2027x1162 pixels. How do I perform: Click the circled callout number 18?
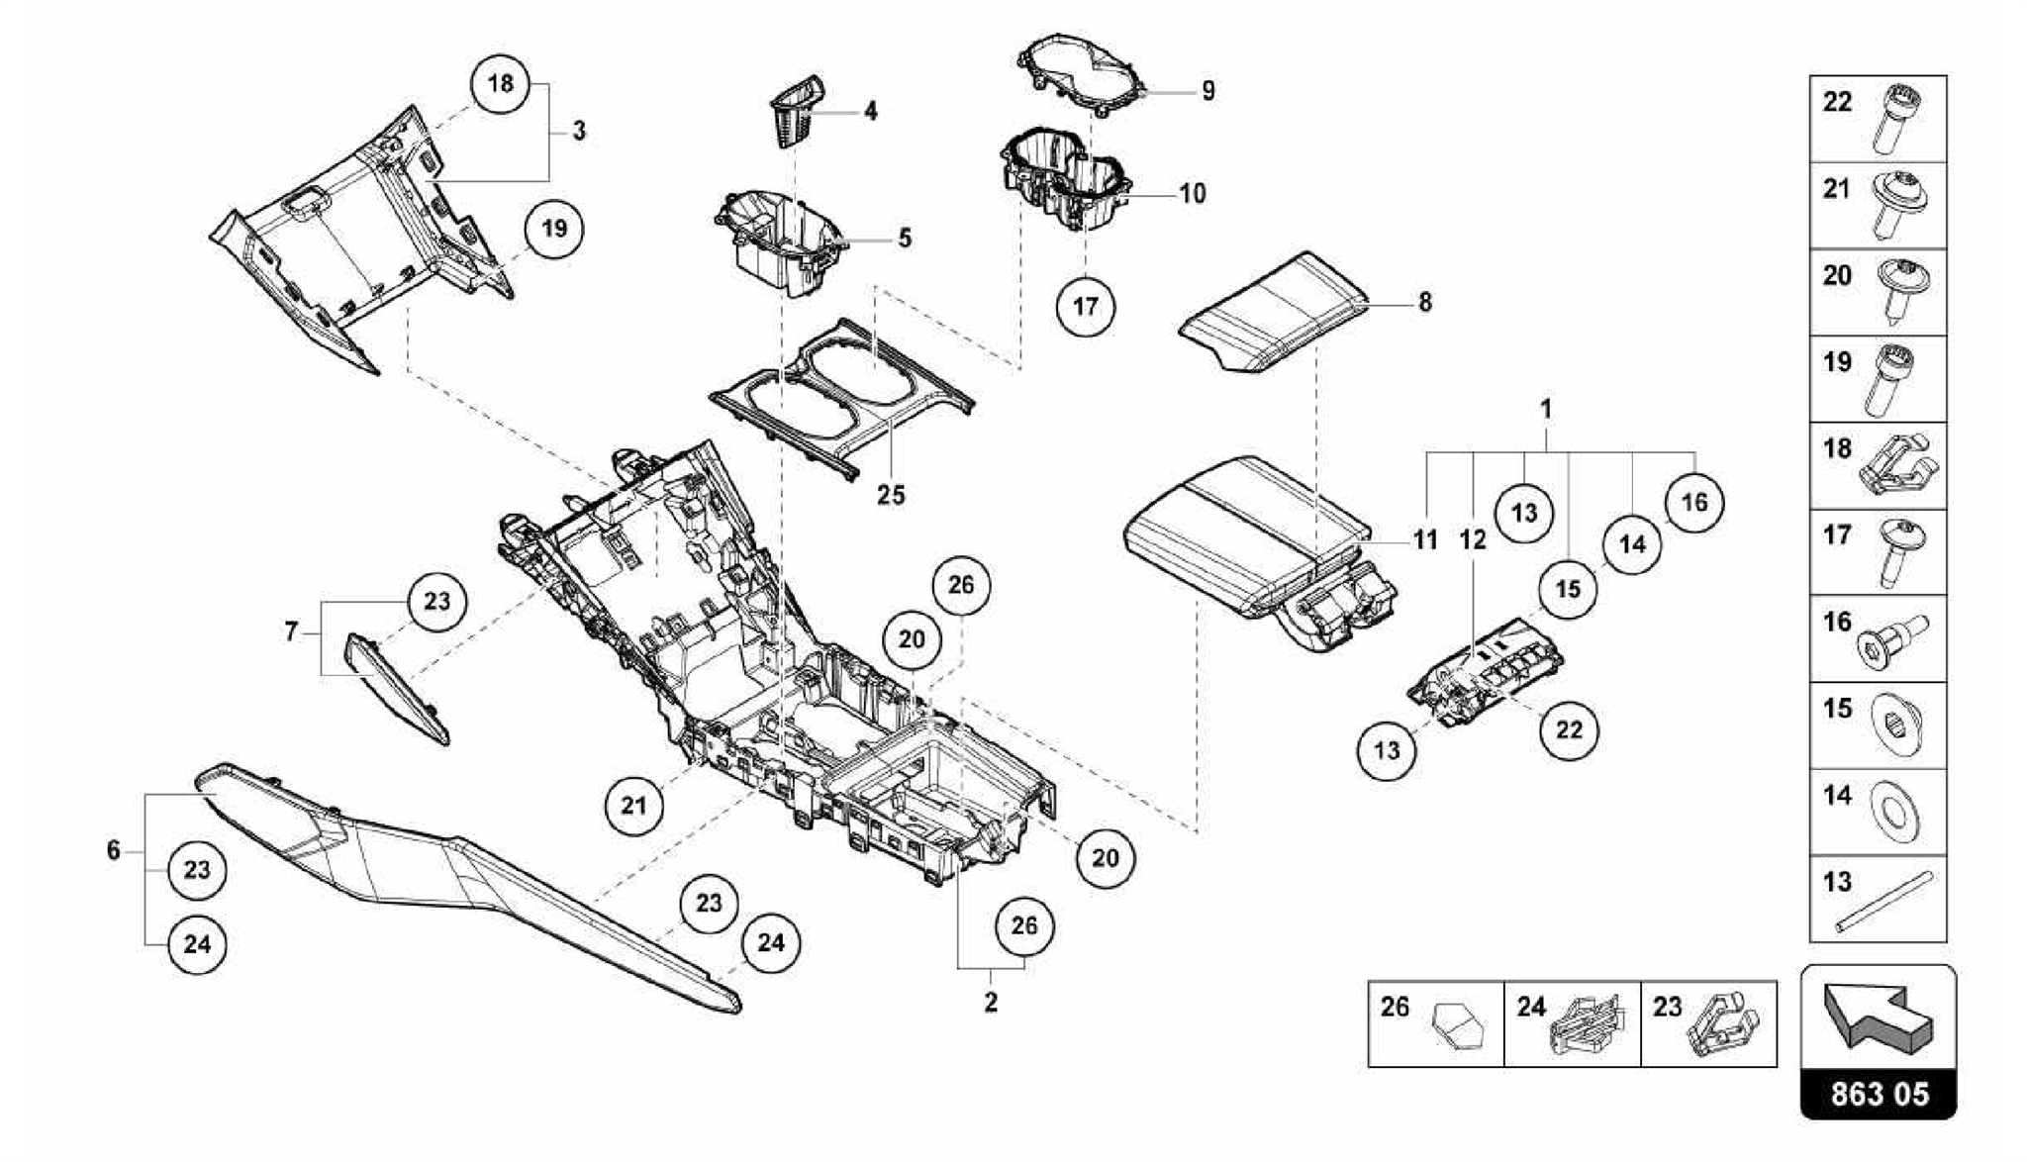[x=501, y=83]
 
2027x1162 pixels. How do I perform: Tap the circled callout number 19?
[x=554, y=229]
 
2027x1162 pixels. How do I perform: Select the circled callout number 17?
[x=1086, y=306]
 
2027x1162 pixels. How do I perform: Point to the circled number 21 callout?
[x=633, y=806]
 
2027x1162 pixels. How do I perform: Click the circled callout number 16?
[x=1693, y=503]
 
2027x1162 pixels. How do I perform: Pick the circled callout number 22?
[x=1569, y=730]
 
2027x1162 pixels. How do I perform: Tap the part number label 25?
[x=891, y=494]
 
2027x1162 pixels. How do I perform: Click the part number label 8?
[x=1424, y=302]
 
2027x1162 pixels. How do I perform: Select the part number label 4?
[x=870, y=111]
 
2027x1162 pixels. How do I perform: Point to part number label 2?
[x=991, y=1002]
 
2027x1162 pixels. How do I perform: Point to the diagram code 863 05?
[x=1879, y=1094]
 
